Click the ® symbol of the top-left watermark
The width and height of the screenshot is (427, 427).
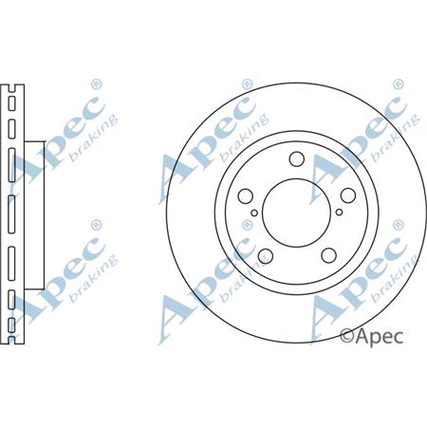pos(95,82)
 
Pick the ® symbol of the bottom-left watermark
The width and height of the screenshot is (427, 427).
pos(95,224)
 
